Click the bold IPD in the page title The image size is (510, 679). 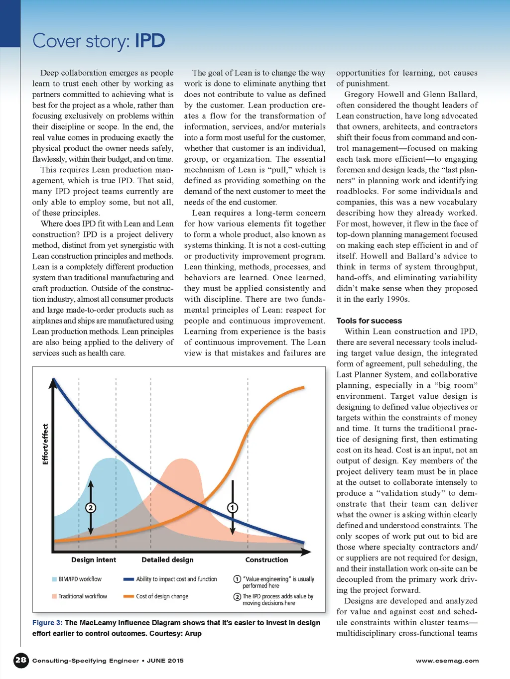(149, 41)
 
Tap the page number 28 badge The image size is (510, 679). (21, 660)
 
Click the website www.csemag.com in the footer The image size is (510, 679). (447, 661)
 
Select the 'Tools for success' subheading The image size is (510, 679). (369, 321)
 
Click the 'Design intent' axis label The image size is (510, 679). (94, 560)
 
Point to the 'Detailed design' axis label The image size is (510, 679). (167, 560)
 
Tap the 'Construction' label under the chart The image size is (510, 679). (266, 560)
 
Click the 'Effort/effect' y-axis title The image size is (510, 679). (45, 444)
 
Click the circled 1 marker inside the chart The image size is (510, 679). (233, 508)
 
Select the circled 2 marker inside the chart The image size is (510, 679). (91, 508)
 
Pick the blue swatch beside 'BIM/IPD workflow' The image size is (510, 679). (54, 579)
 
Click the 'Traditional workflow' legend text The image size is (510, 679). (83, 596)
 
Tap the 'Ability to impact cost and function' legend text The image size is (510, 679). (176, 579)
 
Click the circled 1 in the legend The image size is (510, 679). (237, 579)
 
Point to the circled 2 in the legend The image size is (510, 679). (237, 596)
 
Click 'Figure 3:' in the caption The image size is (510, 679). (47, 622)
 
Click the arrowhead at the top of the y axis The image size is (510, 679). (53, 382)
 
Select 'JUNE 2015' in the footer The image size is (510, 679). (165, 661)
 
